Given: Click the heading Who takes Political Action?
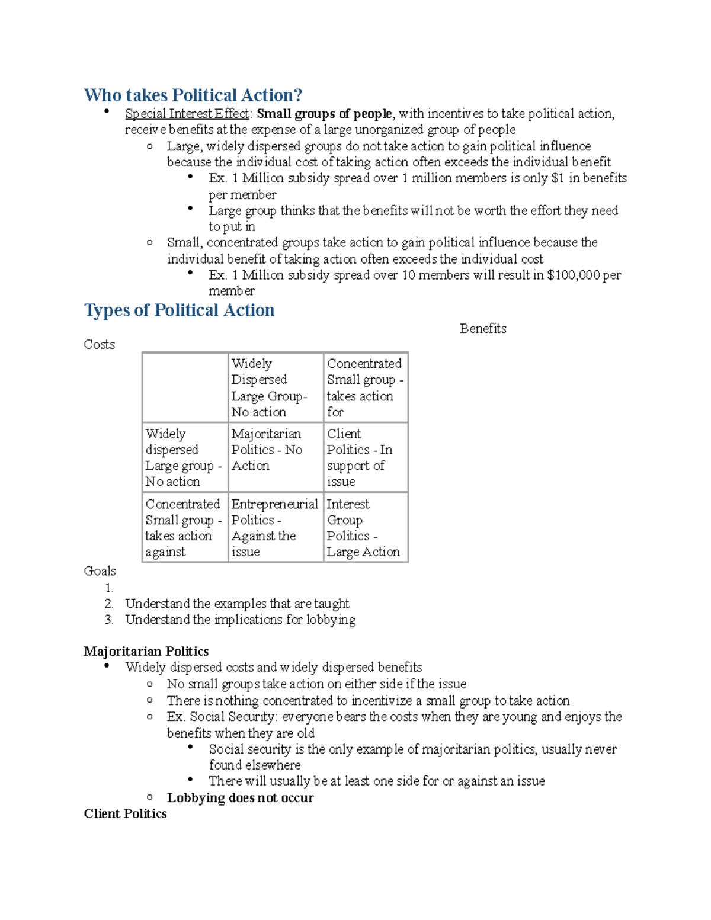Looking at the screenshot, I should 193,95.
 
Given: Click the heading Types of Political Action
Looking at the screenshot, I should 179,310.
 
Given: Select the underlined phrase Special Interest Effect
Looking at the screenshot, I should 187,114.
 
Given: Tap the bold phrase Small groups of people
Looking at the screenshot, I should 324,114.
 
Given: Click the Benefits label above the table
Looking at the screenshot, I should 482,328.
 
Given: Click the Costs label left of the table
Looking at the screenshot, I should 99,344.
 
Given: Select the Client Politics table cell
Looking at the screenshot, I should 365,457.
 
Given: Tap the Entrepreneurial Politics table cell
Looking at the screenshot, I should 275,527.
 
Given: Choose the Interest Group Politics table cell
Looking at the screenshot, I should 365,527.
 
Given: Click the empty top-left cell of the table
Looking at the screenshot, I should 185,387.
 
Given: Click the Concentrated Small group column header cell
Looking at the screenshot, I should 365,387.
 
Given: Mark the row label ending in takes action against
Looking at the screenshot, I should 184,527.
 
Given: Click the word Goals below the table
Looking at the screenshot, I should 100,571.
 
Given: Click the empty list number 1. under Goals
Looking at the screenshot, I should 109,588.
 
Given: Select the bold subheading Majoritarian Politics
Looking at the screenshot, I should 146,651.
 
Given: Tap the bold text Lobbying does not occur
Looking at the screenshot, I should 240,797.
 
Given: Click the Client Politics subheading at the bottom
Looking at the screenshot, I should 125,813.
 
